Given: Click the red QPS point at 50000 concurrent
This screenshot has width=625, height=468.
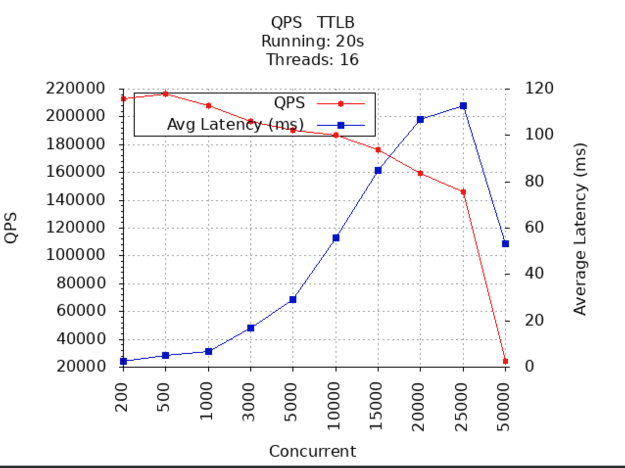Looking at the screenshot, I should click(x=505, y=361).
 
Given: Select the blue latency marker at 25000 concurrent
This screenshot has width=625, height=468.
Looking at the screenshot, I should click(x=463, y=106).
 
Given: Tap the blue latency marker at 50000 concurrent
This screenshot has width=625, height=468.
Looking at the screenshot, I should click(x=505, y=244).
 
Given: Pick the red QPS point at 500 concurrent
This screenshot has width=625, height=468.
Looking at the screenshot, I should click(x=166, y=94).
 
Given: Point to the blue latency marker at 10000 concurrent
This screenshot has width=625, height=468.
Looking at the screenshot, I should click(x=336, y=238).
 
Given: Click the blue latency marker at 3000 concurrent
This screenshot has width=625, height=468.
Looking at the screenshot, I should click(x=251, y=328).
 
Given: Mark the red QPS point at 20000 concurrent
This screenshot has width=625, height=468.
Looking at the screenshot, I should click(x=420, y=173).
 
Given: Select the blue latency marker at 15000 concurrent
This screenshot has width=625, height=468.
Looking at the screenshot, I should click(x=378, y=170).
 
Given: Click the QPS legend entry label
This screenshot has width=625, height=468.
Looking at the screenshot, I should click(x=289, y=103).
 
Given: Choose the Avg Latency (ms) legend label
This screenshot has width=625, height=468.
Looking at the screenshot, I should click(x=236, y=124).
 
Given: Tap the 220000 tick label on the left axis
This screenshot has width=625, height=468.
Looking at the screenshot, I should click(x=75, y=89).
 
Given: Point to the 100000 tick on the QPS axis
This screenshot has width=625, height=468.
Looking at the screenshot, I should click(x=75, y=255).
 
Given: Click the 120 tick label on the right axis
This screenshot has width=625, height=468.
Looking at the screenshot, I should click(x=539, y=89).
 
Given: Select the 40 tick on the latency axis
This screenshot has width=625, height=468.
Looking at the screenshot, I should click(x=534, y=274).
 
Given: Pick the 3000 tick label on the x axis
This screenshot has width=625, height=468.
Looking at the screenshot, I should click(x=249, y=402).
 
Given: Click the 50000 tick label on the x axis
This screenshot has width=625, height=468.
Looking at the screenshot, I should click(x=504, y=406).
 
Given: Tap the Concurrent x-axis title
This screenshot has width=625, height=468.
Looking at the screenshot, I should click(x=312, y=451).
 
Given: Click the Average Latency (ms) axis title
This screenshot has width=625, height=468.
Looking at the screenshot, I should click(x=580, y=229).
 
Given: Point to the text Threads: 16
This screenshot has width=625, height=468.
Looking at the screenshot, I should click(x=312, y=60).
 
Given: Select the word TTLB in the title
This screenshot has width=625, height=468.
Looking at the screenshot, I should click(x=336, y=23).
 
